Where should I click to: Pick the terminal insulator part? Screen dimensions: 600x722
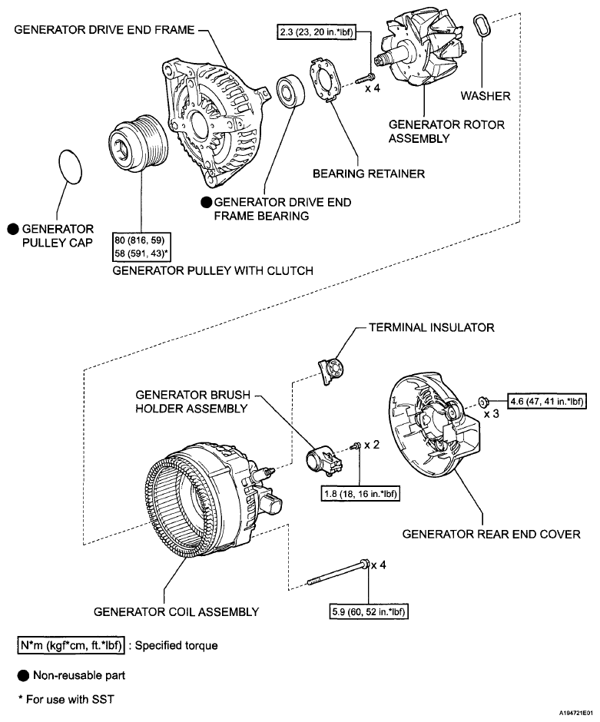(x=332, y=369)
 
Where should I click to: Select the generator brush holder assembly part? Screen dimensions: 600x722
(x=323, y=460)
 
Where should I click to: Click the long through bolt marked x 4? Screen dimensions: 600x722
(x=337, y=573)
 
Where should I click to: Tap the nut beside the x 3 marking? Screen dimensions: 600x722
(x=483, y=402)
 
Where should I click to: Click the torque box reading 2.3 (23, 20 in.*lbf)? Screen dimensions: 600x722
(x=317, y=33)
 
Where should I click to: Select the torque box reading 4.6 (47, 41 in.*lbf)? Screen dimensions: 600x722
(x=546, y=401)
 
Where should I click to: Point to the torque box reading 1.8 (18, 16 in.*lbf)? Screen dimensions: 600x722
(x=360, y=494)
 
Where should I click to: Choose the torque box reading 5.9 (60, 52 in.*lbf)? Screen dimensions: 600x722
(x=369, y=611)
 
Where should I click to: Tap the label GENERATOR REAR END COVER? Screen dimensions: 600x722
(x=492, y=534)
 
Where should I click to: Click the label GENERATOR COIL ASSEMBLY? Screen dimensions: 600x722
(x=177, y=612)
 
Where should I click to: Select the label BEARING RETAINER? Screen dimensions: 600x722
(x=369, y=174)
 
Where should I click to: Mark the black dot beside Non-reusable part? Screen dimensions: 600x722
(x=24, y=676)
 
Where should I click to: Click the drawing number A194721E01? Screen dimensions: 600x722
(x=576, y=712)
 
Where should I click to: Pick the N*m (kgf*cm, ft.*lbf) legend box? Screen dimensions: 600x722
(x=71, y=645)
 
